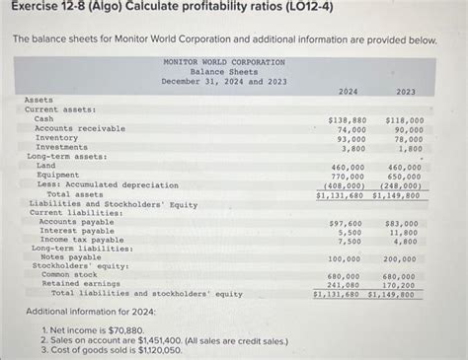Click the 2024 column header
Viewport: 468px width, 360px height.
click(348, 92)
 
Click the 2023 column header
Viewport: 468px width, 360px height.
click(405, 92)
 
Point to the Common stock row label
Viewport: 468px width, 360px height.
click(68, 275)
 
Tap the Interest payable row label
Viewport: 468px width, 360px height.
click(75, 231)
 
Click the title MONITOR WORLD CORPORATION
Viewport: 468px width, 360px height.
click(223, 62)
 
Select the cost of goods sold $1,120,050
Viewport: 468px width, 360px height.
click(146, 349)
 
